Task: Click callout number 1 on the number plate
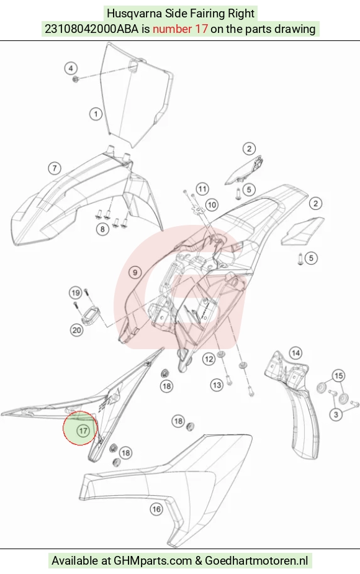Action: click(x=96, y=114)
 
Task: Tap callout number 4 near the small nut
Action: click(x=71, y=68)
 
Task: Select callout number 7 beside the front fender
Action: click(x=55, y=168)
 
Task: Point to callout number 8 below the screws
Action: click(x=102, y=229)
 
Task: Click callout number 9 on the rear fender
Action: click(x=135, y=272)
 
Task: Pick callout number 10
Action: click(x=212, y=204)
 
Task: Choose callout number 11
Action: click(x=202, y=189)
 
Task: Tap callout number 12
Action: click(x=209, y=359)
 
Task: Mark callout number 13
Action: click(x=217, y=385)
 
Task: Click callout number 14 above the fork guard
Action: click(x=295, y=353)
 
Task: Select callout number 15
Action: click(x=339, y=376)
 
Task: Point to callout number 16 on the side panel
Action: click(x=156, y=509)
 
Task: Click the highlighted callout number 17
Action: click(x=83, y=430)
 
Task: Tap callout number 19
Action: click(x=76, y=293)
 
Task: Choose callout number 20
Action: click(x=76, y=330)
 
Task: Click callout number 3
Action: click(x=336, y=414)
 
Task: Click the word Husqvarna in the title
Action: click(x=134, y=14)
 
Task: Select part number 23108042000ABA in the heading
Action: click(x=91, y=29)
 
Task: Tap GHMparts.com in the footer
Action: click(x=153, y=560)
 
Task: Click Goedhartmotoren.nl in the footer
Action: click(x=256, y=560)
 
